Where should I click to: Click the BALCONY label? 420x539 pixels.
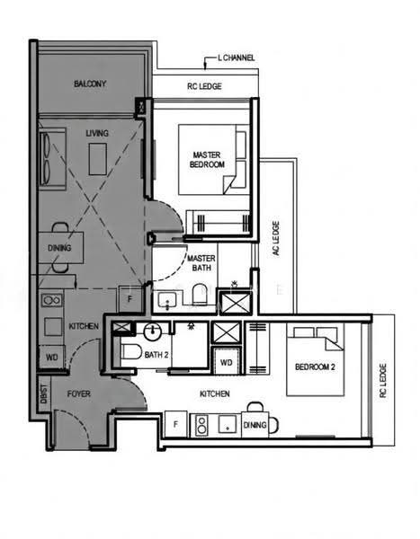90,84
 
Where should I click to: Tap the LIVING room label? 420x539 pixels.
97,133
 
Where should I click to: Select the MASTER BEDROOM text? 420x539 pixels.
207,160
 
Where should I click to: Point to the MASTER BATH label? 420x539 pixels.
201,263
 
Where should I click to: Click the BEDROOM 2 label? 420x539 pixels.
315,367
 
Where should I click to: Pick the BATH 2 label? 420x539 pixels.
156,355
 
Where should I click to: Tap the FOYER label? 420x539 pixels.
79,393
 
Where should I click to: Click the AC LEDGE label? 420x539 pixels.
276,238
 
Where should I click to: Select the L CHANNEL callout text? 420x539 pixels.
237,57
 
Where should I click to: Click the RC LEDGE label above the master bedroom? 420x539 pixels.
204,86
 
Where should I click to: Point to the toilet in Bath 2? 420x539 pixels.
131,351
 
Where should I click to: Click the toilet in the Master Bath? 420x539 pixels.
200,295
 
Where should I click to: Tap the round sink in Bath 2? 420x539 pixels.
153,331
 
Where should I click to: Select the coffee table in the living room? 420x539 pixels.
98,159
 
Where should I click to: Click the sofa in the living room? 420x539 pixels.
52,159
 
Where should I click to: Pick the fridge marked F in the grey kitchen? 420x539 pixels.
130,299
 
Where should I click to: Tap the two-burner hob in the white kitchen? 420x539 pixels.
202,425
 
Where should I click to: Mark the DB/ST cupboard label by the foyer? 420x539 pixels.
44,394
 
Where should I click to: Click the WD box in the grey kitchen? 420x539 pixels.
51,358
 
